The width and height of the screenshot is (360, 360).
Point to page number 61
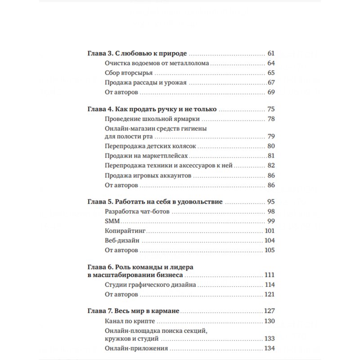click(x=270, y=53)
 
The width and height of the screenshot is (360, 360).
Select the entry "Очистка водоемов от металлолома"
click(x=157, y=63)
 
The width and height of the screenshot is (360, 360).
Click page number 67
click(x=271, y=82)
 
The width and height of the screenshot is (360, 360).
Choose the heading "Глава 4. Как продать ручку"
click(x=152, y=109)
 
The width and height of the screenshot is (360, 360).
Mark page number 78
click(x=271, y=119)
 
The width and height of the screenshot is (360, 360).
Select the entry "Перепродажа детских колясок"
click(x=150, y=146)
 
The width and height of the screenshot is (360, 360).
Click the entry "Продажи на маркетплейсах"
click(x=146, y=156)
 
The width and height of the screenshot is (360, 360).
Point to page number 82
click(x=271, y=166)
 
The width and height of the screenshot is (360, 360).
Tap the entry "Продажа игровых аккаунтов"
click(x=148, y=175)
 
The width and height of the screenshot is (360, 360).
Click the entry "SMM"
click(x=111, y=221)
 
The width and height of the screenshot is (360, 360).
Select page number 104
click(x=269, y=240)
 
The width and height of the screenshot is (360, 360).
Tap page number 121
click(x=269, y=294)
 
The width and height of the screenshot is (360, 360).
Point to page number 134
click(x=269, y=349)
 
